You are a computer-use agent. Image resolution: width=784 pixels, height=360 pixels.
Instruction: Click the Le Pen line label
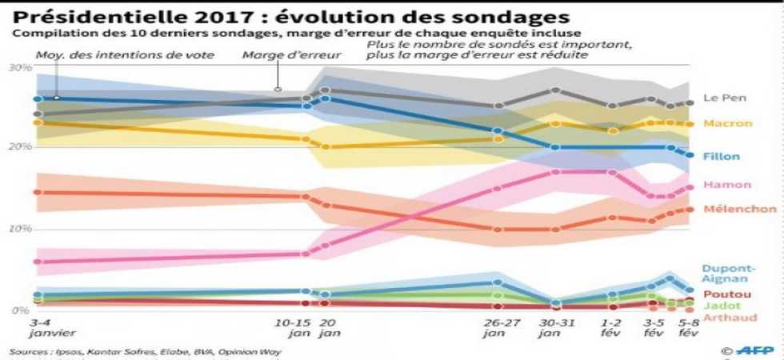[724, 98]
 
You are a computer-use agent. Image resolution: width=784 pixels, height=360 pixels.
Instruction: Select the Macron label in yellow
[728, 123]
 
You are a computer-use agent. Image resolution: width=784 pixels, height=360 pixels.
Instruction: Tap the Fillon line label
[722, 156]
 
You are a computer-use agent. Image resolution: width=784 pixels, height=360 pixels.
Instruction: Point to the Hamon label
[726, 185]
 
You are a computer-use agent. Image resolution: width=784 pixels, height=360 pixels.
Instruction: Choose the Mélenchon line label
[740, 209]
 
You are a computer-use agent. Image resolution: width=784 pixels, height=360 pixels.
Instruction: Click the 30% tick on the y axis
[18, 67]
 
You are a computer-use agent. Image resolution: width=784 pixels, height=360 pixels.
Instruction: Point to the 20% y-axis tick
[18, 147]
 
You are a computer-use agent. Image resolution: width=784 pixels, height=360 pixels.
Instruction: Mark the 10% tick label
[18, 230]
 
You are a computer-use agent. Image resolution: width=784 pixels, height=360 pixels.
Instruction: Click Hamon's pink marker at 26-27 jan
[498, 189]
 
